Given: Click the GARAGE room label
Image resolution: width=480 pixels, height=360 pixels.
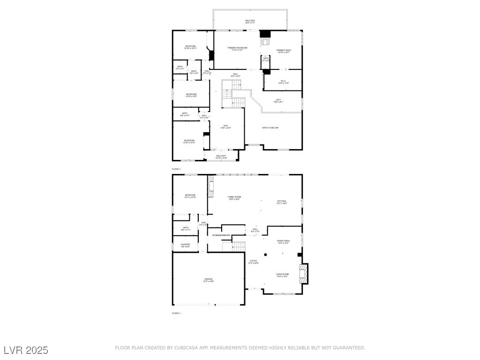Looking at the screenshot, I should (x=208, y=279).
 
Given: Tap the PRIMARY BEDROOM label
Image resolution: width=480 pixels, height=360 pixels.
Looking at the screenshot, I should (x=237, y=48).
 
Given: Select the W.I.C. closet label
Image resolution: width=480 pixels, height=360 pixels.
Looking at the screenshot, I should (x=283, y=82).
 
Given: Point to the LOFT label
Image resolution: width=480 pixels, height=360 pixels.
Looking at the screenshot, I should (x=278, y=100).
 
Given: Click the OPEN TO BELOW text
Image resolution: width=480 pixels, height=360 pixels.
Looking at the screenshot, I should (x=270, y=127).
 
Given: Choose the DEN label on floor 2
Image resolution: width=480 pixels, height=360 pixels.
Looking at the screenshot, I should (x=225, y=126).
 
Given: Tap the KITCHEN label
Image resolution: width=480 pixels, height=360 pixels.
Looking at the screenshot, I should (x=281, y=202).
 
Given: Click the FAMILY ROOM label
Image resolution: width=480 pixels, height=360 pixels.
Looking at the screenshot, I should (x=234, y=197).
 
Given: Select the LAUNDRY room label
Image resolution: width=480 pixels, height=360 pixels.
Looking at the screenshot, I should (x=185, y=245).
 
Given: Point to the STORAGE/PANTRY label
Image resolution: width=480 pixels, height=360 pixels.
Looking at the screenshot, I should (x=221, y=235).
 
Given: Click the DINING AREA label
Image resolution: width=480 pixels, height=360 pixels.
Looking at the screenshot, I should (x=283, y=241).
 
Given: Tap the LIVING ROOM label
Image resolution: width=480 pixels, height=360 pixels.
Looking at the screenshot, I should (x=282, y=275).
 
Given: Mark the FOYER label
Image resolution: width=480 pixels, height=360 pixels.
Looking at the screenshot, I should (x=253, y=262).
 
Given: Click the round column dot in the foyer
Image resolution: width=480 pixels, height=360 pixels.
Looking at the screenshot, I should (x=265, y=255).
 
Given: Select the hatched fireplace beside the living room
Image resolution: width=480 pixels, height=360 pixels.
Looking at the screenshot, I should (x=305, y=274).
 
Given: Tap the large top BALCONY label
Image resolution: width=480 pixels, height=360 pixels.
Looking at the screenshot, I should (x=250, y=21).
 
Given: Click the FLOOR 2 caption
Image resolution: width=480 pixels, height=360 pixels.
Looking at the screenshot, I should (x=176, y=169).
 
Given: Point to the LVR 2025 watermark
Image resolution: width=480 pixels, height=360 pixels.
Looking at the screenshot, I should (x=26, y=350).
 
